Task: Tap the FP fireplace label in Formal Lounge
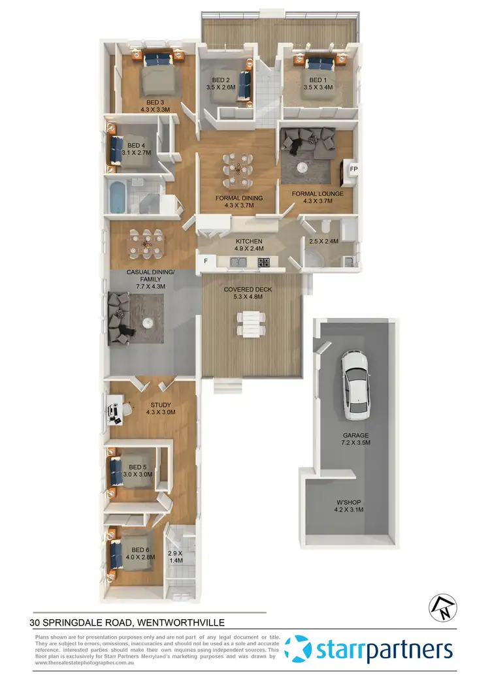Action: pyautogui.click(x=353, y=169)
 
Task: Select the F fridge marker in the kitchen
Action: pyautogui.click(x=206, y=261)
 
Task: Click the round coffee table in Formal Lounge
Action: pyautogui.click(x=301, y=167)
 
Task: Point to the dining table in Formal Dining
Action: pyautogui.click(x=235, y=168)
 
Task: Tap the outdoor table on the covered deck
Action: pyautogui.click(x=252, y=325)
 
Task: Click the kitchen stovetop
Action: pyautogui.click(x=263, y=263)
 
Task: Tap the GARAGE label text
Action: pyautogui.click(x=356, y=436)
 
